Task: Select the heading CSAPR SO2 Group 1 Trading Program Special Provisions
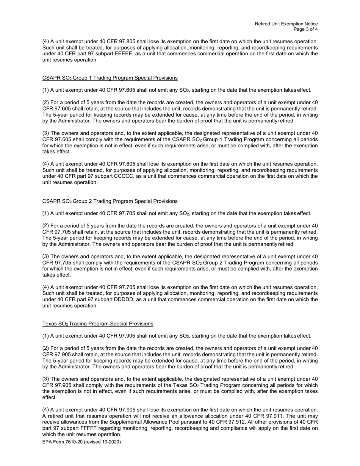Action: click(110, 78)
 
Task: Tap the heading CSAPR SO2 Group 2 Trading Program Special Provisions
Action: click(110, 201)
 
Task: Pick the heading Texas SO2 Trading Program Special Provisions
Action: click(98, 324)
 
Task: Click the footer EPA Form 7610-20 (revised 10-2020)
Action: click(81, 442)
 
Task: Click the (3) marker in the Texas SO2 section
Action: click(45, 379)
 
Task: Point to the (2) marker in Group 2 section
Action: click(45, 226)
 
